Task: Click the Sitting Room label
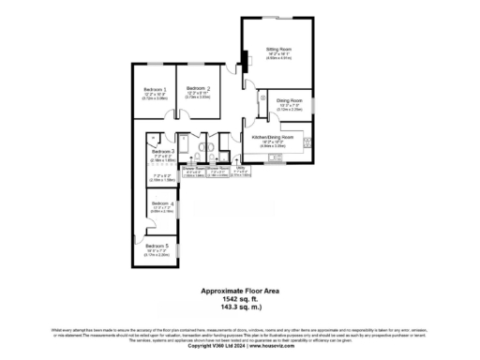[x=278, y=47]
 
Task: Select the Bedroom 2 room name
[x=198, y=88]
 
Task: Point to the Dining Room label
[x=289, y=99]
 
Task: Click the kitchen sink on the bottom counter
[x=275, y=157]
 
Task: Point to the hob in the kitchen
[x=307, y=142]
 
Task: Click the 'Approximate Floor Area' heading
[x=240, y=291]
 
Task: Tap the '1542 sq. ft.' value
[x=240, y=298]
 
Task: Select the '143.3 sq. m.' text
[x=240, y=306]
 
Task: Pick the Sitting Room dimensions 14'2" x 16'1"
[x=278, y=53]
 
